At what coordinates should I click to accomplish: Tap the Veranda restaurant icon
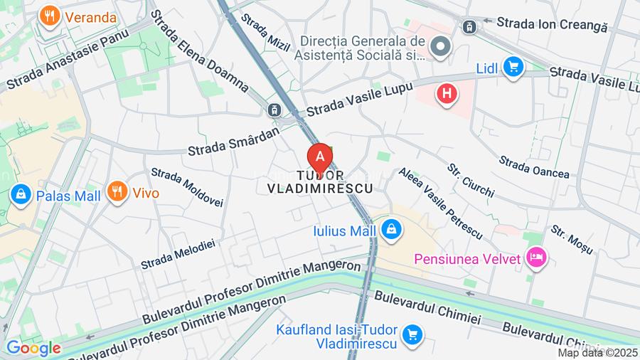(x=50, y=16)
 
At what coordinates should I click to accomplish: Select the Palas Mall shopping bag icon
(x=21, y=194)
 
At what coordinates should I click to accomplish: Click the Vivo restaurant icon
(x=117, y=191)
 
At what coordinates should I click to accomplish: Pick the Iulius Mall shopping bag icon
(x=390, y=230)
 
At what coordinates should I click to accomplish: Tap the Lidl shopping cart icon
(x=512, y=68)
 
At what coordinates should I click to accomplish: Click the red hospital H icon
(x=447, y=93)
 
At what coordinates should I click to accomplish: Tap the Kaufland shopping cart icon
(x=411, y=334)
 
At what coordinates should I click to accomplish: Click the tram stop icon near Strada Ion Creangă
(x=469, y=27)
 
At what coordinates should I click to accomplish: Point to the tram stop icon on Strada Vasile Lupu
(x=273, y=110)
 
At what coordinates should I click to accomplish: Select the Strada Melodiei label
(x=177, y=254)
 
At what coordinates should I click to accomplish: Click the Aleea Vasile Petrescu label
(x=440, y=203)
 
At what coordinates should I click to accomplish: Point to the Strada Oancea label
(x=534, y=167)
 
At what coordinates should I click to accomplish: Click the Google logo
(x=33, y=348)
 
